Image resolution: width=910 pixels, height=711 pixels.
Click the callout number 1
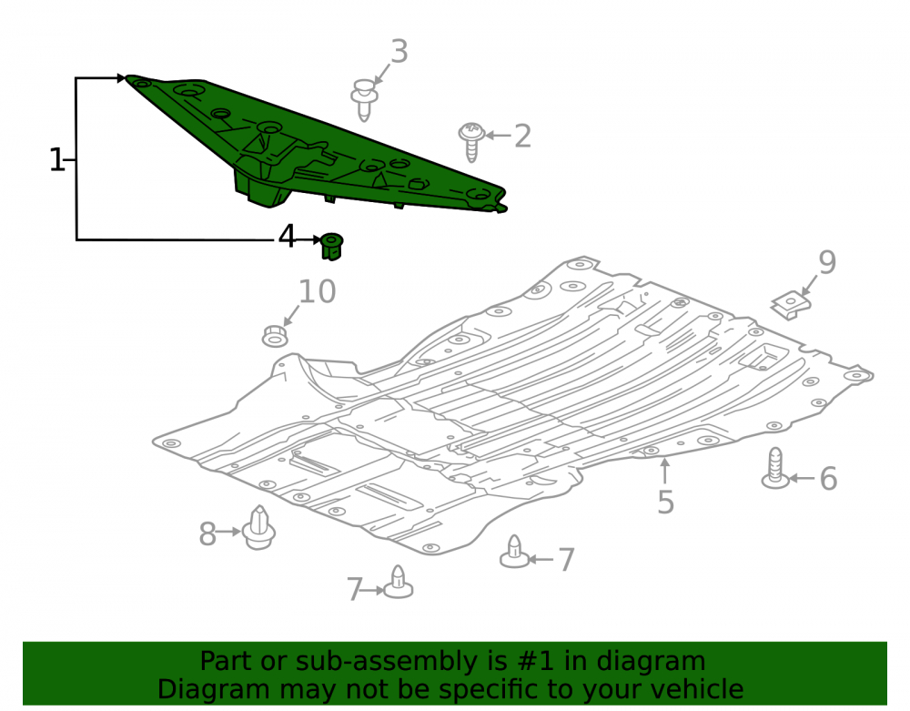tap(56, 159)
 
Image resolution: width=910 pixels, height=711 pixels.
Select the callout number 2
tap(522, 136)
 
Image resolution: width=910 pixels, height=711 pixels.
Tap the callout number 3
tap(399, 51)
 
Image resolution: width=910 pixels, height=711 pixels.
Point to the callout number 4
tap(287, 236)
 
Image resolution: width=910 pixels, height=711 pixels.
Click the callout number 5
tap(666, 502)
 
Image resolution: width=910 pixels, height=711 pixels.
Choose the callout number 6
tap(828, 479)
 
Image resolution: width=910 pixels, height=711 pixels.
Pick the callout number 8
tap(207, 534)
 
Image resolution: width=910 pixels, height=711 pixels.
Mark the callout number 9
tap(827, 262)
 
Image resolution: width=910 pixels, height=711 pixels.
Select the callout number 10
tap(317, 291)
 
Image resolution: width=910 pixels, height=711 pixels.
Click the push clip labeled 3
tap(364, 99)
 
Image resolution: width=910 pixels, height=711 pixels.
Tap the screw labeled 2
tap(471, 141)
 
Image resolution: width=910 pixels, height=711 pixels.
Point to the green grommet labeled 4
tap(332, 246)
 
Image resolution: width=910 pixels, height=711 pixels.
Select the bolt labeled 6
tap(775, 468)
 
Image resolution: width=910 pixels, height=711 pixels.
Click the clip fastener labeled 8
tap(258, 528)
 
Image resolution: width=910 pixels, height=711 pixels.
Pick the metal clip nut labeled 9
tap(791, 305)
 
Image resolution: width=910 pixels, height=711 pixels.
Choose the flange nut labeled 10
tap(275, 336)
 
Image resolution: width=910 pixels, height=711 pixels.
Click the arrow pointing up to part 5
tap(665, 471)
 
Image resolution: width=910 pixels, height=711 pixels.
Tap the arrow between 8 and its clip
tap(229, 531)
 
